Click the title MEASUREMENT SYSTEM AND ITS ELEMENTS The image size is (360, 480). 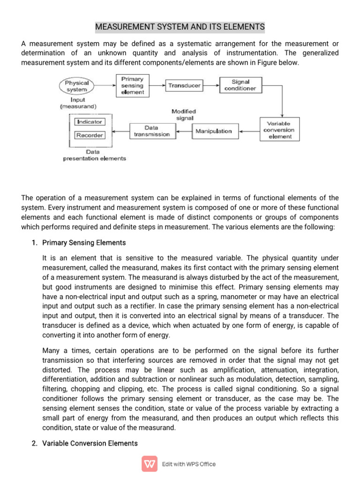(x=180, y=27)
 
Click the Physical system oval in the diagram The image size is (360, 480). (x=77, y=86)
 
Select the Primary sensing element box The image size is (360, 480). (x=132, y=85)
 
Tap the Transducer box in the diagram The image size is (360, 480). (x=184, y=86)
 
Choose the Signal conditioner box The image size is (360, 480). (x=240, y=85)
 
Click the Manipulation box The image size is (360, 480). (x=213, y=131)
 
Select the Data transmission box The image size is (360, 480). (x=151, y=131)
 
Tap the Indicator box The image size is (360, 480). (x=90, y=122)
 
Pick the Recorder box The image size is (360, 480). (x=90, y=135)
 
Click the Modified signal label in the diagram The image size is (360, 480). (x=184, y=115)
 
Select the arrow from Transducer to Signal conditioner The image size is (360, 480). (x=211, y=85)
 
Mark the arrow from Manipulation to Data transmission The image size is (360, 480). (x=183, y=131)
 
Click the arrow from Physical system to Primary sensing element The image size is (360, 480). (x=104, y=85)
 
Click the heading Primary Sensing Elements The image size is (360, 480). (x=84, y=243)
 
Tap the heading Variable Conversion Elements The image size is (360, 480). (x=90, y=443)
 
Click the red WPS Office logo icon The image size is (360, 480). (x=150, y=464)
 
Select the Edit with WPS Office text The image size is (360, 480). (x=189, y=464)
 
